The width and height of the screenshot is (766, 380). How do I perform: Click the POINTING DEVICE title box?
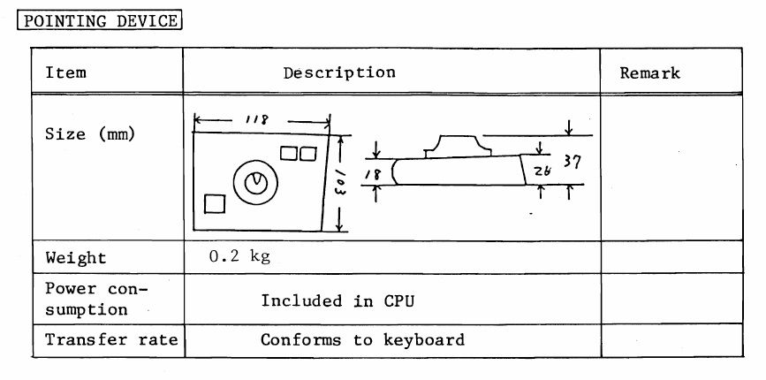(100, 21)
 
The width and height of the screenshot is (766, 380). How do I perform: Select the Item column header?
(65, 72)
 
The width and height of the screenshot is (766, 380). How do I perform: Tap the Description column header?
(339, 72)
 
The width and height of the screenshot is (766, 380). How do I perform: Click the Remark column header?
(649, 73)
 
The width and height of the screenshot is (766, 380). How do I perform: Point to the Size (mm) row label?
(90, 133)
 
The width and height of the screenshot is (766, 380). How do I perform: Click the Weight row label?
(76, 258)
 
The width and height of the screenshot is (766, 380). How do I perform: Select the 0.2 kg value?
(239, 256)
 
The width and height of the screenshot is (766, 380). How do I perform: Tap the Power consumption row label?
(96, 299)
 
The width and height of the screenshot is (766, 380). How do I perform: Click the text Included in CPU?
(337, 300)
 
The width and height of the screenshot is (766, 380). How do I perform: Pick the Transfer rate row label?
(112, 339)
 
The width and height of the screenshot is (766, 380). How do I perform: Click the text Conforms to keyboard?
(362, 339)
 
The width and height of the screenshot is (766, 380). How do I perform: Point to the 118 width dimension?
(256, 119)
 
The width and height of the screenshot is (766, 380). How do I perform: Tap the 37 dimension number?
(572, 162)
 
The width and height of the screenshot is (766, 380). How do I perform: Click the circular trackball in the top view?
(255, 183)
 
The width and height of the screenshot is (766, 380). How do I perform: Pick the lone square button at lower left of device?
(215, 203)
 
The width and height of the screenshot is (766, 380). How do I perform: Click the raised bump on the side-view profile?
(458, 146)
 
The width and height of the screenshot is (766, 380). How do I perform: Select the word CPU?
(398, 300)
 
